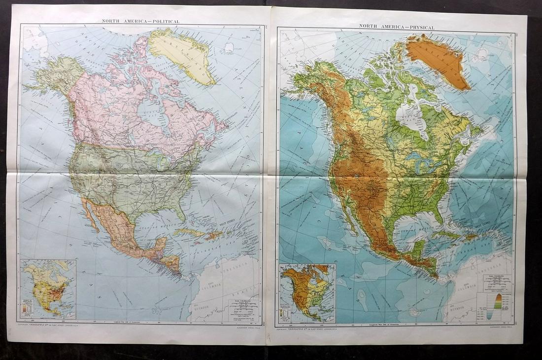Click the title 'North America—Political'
click(x=140, y=21)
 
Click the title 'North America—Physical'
click(x=397, y=26)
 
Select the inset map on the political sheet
click(x=48, y=288)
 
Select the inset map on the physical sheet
click(x=307, y=293)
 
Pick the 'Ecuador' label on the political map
click(x=201, y=306)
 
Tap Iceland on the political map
click(x=228, y=47)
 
